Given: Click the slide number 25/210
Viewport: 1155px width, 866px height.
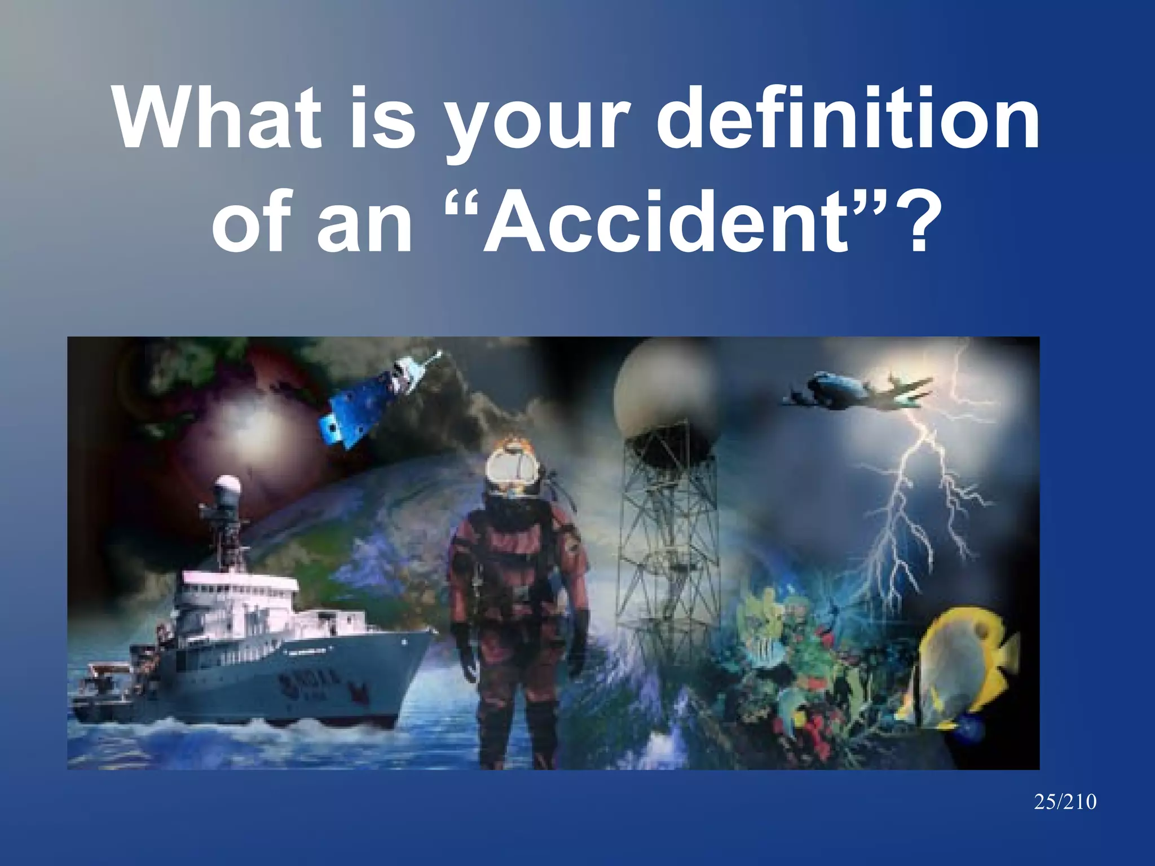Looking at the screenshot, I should coord(1065,802).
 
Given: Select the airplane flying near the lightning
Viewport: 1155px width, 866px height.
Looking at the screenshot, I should coord(858,390).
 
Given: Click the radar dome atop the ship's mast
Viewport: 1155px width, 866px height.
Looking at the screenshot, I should coord(228,485).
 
